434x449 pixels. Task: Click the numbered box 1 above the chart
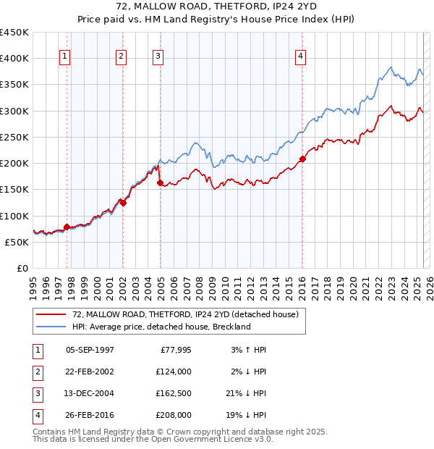click(x=65, y=57)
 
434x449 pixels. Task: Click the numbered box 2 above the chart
click(x=121, y=57)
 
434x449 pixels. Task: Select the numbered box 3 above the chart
click(x=158, y=57)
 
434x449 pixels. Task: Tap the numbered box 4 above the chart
click(x=300, y=57)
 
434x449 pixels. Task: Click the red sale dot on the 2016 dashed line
click(x=302, y=159)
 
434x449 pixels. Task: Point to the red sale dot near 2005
click(x=160, y=183)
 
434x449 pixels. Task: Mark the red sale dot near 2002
click(x=123, y=203)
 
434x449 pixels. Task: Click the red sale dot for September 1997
click(x=67, y=227)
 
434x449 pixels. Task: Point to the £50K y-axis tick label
click(x=17, y=242)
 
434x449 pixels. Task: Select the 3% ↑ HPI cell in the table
click(x=247, y=349)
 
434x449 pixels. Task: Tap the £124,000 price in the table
click(x=174, y=371)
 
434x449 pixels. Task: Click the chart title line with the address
click(x=217, y=8)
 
